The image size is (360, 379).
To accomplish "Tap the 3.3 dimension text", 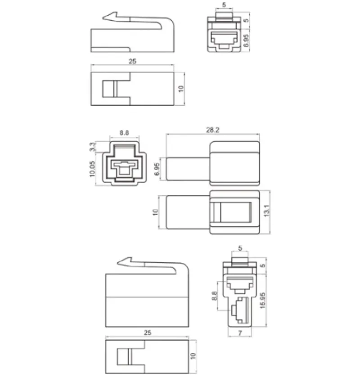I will [x=92, y=147].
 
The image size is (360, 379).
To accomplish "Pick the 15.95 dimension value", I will [x=262, y=299].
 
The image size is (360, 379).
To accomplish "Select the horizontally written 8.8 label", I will [x=124, y=133].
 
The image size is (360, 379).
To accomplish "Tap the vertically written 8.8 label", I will [x=214, y=296].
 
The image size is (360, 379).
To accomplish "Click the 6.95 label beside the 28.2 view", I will [x=157, y=168].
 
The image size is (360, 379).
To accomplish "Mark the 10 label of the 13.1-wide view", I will [x=155, y=212].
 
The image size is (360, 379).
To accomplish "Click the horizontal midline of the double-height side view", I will [x=147, y=298].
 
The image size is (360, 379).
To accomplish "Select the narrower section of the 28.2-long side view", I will [x=188, y=168].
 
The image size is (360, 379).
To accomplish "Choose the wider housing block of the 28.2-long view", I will [x=234, y=163].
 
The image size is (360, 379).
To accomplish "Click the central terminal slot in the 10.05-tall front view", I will [x=123, y=169].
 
